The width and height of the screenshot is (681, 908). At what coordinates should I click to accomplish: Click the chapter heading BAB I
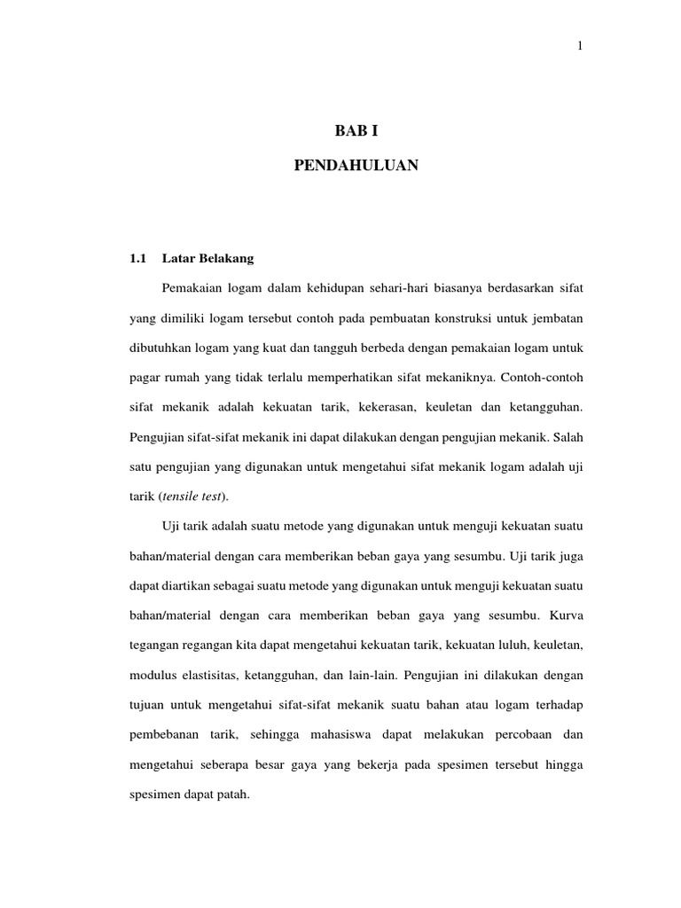pos(356,132)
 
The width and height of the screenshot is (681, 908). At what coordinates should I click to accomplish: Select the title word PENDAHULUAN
pos(356,166)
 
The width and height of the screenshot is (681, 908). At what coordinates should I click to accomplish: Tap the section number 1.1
pos(137,259)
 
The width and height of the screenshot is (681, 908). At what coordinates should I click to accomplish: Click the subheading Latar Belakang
pos(208,259)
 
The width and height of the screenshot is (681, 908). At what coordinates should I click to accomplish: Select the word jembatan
pos(556,318)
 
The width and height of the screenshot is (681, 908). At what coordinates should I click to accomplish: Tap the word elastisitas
pos(207,676)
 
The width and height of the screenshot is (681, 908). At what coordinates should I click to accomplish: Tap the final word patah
pos(234,795)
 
